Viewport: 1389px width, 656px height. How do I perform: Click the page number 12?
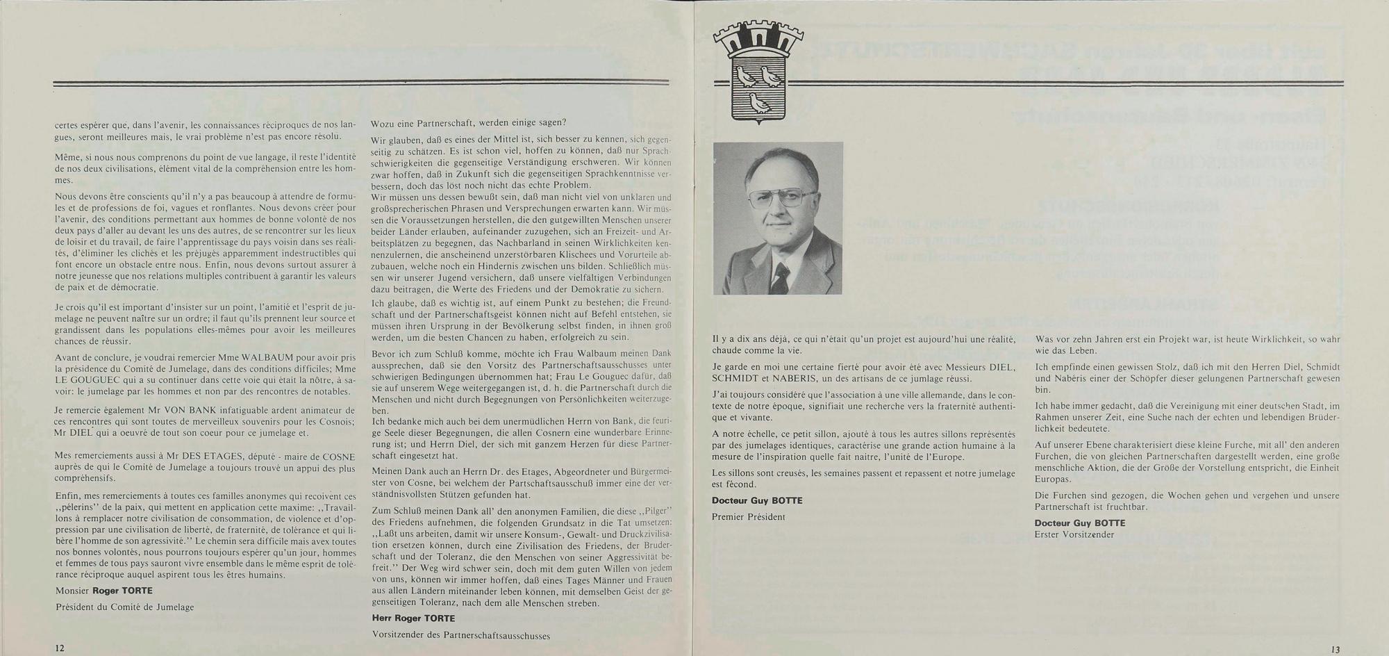coord(60,647)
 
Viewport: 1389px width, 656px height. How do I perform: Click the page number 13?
coord(1336,649)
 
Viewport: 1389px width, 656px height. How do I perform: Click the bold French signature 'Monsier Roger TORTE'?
coord(104,591)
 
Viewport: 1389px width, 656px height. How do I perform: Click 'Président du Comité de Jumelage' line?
coord(125,607)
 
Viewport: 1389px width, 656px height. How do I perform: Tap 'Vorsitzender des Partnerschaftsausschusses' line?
coord(460,635)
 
